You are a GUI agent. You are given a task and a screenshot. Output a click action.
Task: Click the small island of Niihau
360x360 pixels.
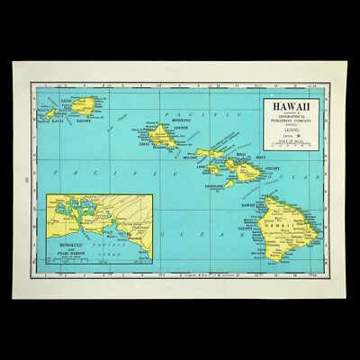pyautogui.click(x=51, y=112)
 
